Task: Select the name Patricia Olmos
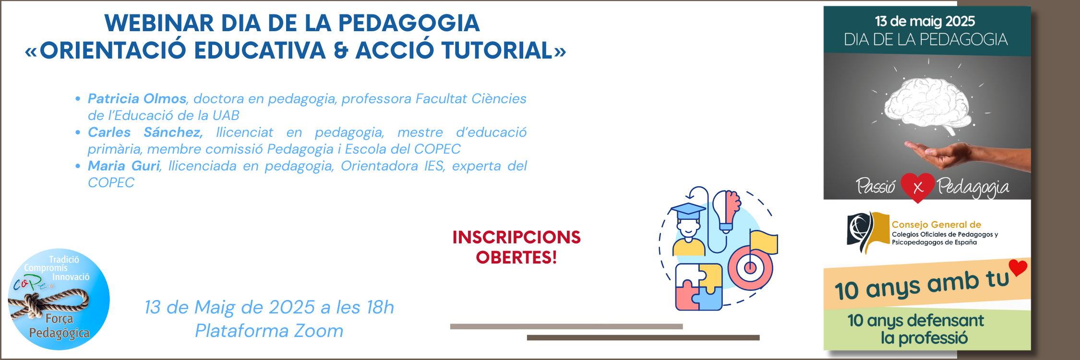(137, 98)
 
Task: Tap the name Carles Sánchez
(145, 132)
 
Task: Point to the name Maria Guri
(124, 166)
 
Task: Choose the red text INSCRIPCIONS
(516, 237)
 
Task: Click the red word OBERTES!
(516, 258)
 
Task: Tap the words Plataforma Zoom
(269, 331)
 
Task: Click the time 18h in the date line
(380, 307)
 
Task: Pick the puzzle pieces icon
(699, 287)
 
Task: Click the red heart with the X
(918, 187)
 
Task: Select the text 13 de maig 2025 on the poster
(925, 21)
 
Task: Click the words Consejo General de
(936, 225)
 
